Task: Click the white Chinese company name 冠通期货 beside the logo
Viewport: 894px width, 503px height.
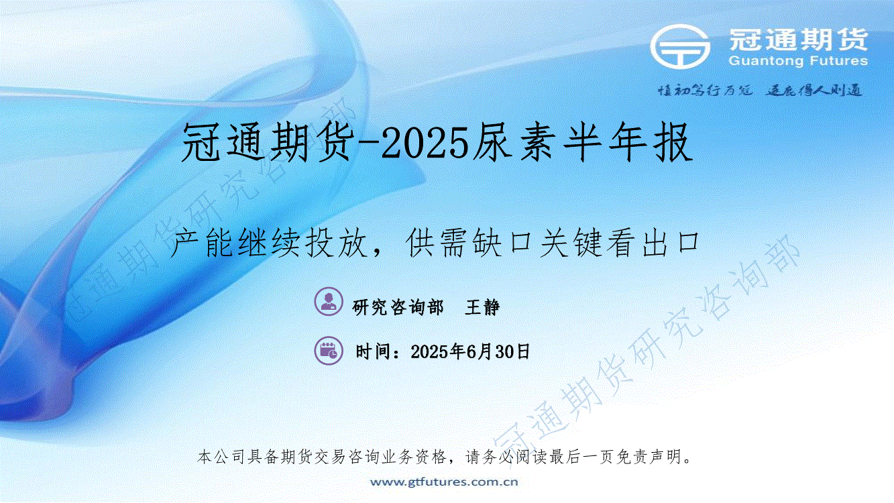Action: pos(799,40)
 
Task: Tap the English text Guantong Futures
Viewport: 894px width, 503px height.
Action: pos(798,61)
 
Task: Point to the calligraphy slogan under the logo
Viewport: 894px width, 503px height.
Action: pos(761,91)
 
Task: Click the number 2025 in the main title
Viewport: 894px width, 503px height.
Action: pos(425,142)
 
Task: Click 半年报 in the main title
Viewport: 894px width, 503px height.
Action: pos(628,142)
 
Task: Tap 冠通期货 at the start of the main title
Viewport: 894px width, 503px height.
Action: pos(268,142)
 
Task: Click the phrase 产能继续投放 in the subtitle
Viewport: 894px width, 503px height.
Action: pos(268,243)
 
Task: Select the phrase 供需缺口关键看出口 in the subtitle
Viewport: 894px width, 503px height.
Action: pos(553,243)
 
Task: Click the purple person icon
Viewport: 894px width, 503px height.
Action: pos(329,301)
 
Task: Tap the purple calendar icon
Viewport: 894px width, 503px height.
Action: pos(329,351)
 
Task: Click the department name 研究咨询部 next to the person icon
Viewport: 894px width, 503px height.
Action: pos(398,307)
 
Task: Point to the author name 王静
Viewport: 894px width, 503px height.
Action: pos(482,307)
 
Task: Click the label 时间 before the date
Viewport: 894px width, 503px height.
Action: pos(374,351)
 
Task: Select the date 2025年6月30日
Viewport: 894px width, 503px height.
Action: pos(470,351)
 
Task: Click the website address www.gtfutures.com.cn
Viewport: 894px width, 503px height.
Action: pos(444,482)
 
